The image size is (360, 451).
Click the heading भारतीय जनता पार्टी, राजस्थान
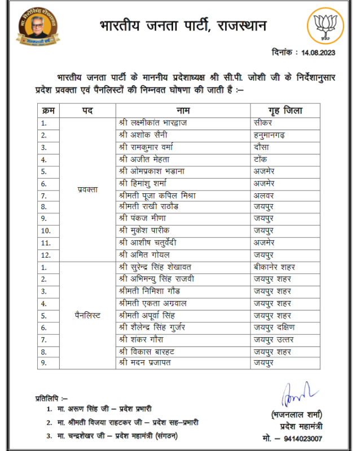(182, 26)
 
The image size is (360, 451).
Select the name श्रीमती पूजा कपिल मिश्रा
(157, 195)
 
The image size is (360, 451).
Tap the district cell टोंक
(261, 159)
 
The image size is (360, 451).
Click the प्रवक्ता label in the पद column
(87, 189)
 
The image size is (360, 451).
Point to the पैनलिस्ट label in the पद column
(87, 315)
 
